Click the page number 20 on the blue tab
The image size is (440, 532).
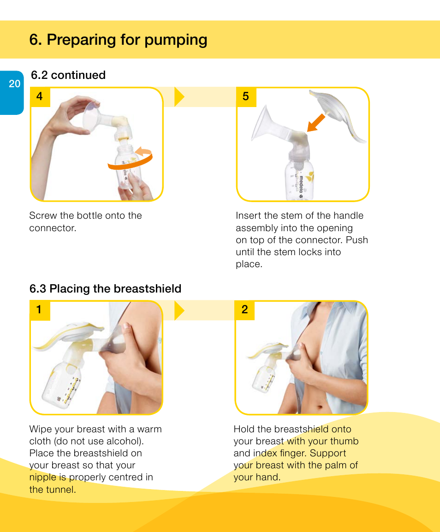[15, 84]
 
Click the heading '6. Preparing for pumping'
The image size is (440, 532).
[118, 40]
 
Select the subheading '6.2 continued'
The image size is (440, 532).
[68, 75]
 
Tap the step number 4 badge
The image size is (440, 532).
[40, 96]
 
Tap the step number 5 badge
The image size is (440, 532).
[246, 96]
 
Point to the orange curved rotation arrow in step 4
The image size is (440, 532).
[131, 160]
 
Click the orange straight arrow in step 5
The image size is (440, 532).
[316, 123]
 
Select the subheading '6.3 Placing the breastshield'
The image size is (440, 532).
[105, 289]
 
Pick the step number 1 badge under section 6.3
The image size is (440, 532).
[39, 310]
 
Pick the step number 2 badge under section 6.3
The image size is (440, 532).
[244, 310]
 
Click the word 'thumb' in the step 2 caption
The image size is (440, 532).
[345, 441]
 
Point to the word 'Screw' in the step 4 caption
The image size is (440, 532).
[42, 215]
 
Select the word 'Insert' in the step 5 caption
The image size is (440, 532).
[249, 215]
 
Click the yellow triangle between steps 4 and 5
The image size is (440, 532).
[179, 97]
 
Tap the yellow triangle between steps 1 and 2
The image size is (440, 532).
[179, 310]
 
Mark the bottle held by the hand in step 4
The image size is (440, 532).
[127, 168]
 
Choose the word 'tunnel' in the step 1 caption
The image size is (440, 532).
[60, 490]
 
